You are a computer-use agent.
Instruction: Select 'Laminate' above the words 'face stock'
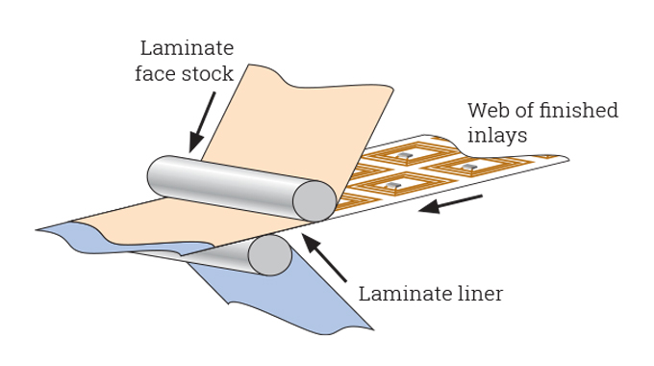pos(187,47)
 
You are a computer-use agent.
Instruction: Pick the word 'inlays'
pos(497,136)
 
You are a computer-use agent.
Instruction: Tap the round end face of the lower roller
pos(269,255)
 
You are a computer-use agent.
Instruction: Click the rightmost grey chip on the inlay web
pos(469,167)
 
